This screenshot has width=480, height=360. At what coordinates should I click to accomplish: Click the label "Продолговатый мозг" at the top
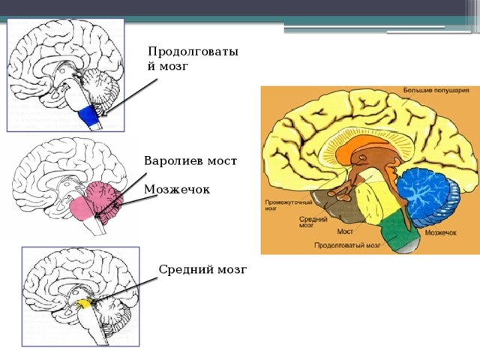(x=193, y=58)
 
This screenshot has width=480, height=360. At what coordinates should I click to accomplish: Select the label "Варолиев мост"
(x=190, y=160)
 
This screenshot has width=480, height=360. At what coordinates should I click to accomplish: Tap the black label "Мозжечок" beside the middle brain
(x=176, y=190)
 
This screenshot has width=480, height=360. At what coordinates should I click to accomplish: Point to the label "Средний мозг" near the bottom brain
(x=202, y=268)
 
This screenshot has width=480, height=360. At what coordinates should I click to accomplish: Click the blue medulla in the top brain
(x=88, y=115)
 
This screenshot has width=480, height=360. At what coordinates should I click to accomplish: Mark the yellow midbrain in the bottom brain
(x=85, y=303)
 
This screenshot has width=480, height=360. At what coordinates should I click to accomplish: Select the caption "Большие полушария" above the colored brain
(x=436, y=91)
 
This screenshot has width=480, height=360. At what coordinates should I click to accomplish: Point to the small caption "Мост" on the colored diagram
(x=345, y=232)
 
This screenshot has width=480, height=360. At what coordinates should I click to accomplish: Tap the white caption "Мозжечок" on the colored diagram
(x=440, y=232)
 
